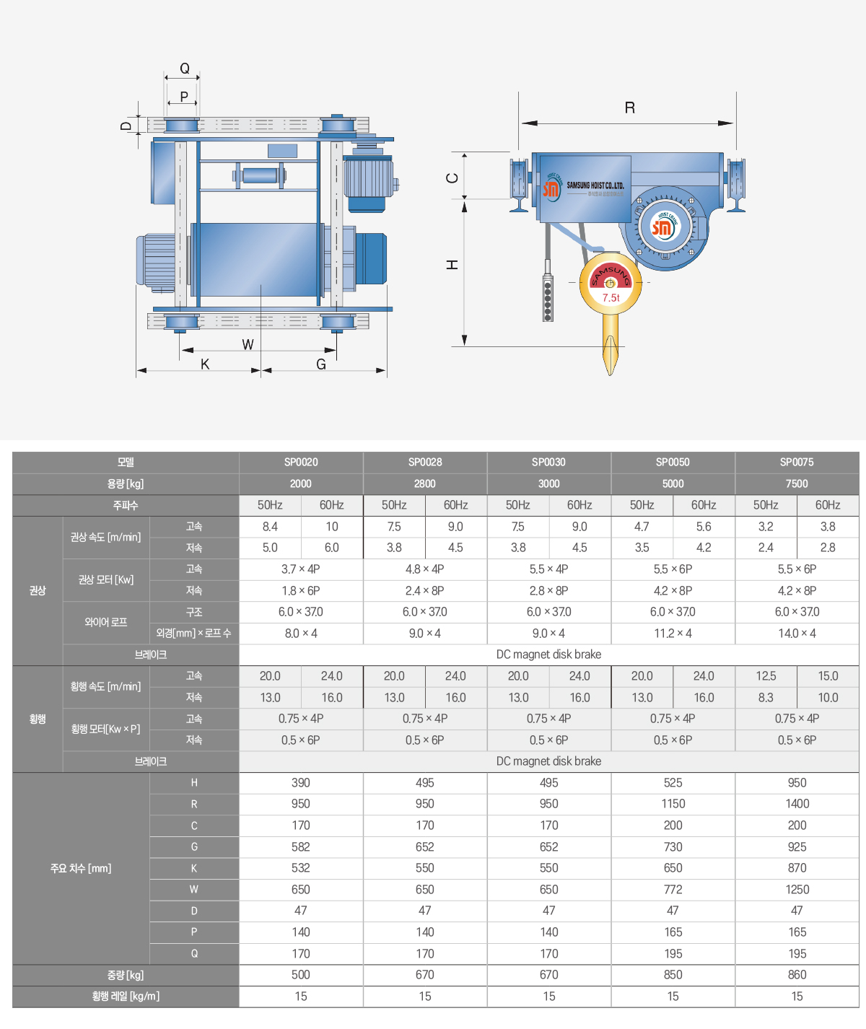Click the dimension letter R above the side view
pos(629,108)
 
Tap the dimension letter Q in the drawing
pos(184,68)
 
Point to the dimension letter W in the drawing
pos(248,344)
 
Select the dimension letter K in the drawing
pos(205,364)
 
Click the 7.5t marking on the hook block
pos(611,298)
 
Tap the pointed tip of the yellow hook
pos(611,375)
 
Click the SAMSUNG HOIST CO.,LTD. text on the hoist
pos(595,185)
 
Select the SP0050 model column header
pos(673,463)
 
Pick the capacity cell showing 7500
pos(797,484)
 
